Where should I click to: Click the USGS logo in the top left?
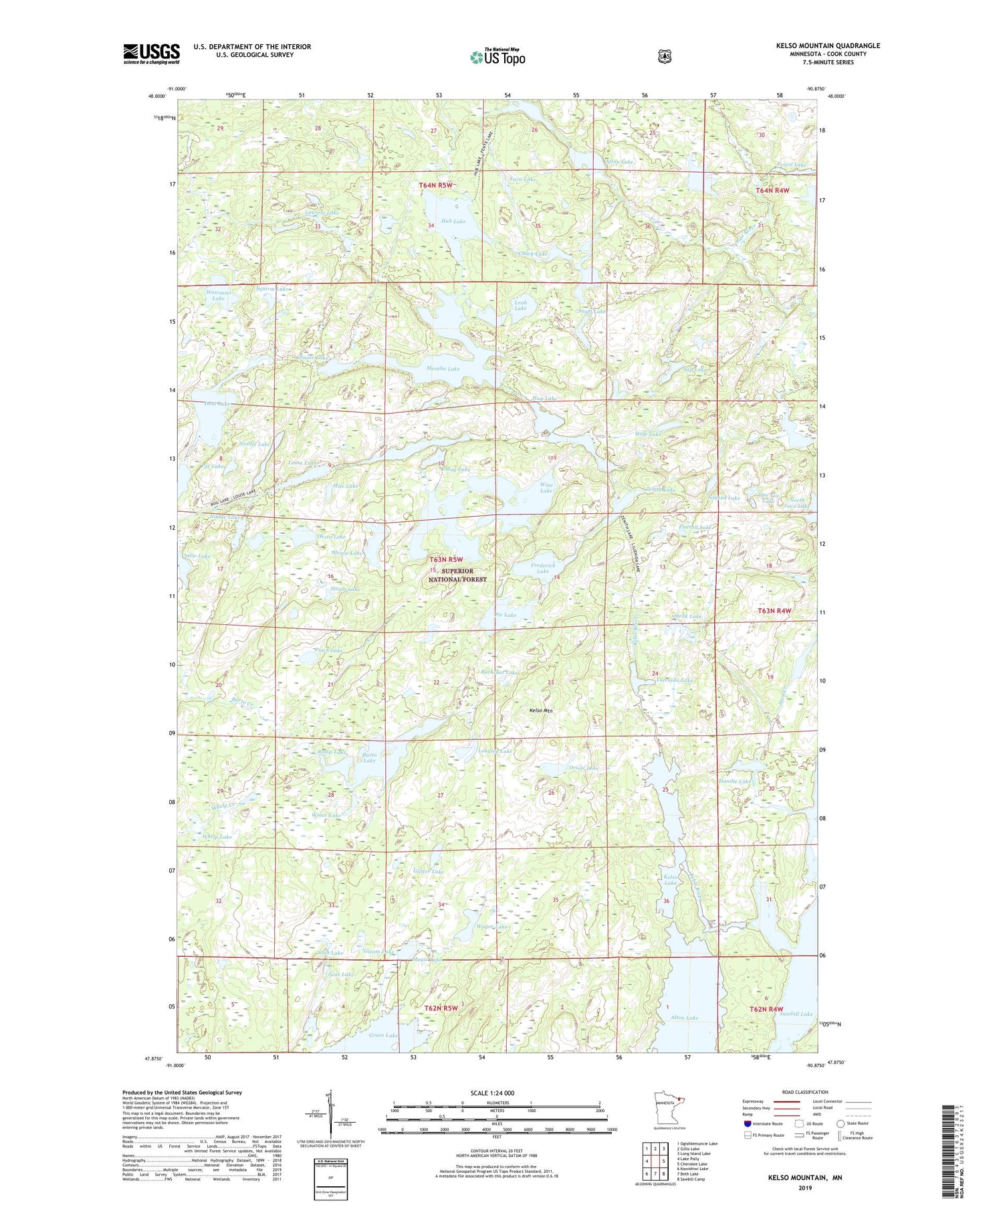click(x=151, y=54)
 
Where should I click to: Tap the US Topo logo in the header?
click(x=498, y=56)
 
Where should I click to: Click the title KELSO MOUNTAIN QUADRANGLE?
click(x=828, y=45)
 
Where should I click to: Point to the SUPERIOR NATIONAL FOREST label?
click(x=458, y=575)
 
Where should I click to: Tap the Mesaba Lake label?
click(x=443, y=369)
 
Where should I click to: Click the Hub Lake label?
click(x=453, y=221)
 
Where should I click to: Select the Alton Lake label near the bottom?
click(x=684, y=1018)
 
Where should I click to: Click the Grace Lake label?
click(x=383, y=1035)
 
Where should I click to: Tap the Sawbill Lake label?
click(x=796, y=1014)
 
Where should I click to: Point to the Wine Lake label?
click(x=546, y=487)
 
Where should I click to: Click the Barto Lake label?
click(x=369, y=757)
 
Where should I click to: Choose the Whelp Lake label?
click(x=217, y=837)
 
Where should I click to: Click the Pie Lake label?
click(x=506, y=614)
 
